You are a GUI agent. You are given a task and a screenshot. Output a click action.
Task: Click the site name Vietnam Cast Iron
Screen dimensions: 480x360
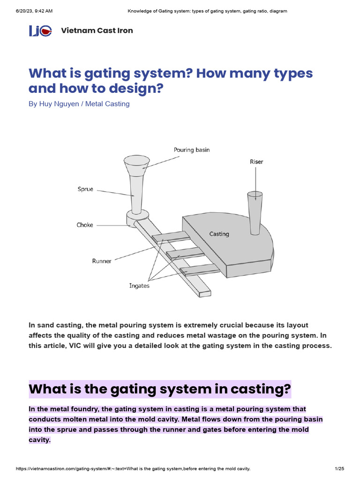[x=97, y=31]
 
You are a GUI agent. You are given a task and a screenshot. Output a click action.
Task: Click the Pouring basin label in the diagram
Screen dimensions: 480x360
[x=192, y=150]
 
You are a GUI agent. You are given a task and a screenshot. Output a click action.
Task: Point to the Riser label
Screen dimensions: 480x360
[x=256, y=162]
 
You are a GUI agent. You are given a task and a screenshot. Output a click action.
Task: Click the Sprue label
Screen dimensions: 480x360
[x=85, y=189]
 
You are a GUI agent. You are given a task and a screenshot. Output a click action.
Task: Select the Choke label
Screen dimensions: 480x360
[x=85, y=225]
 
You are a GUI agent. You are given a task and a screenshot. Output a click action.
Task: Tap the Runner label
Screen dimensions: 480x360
[x=102, y=261]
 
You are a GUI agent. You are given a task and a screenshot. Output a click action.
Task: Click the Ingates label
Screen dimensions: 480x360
[x=139, y=285]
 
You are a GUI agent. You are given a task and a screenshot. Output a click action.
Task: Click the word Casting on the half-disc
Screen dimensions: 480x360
[x=219, y=233]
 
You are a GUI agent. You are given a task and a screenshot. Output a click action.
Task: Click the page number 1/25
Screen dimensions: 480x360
[x=339, y=469]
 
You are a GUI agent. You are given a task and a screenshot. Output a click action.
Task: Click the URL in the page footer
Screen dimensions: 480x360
[x=133, y=469]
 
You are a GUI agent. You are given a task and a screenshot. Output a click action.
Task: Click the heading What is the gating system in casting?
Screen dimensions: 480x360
[x=160, y=389]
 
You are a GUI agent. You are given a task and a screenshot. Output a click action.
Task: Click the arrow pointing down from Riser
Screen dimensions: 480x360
[x=255, y=180]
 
